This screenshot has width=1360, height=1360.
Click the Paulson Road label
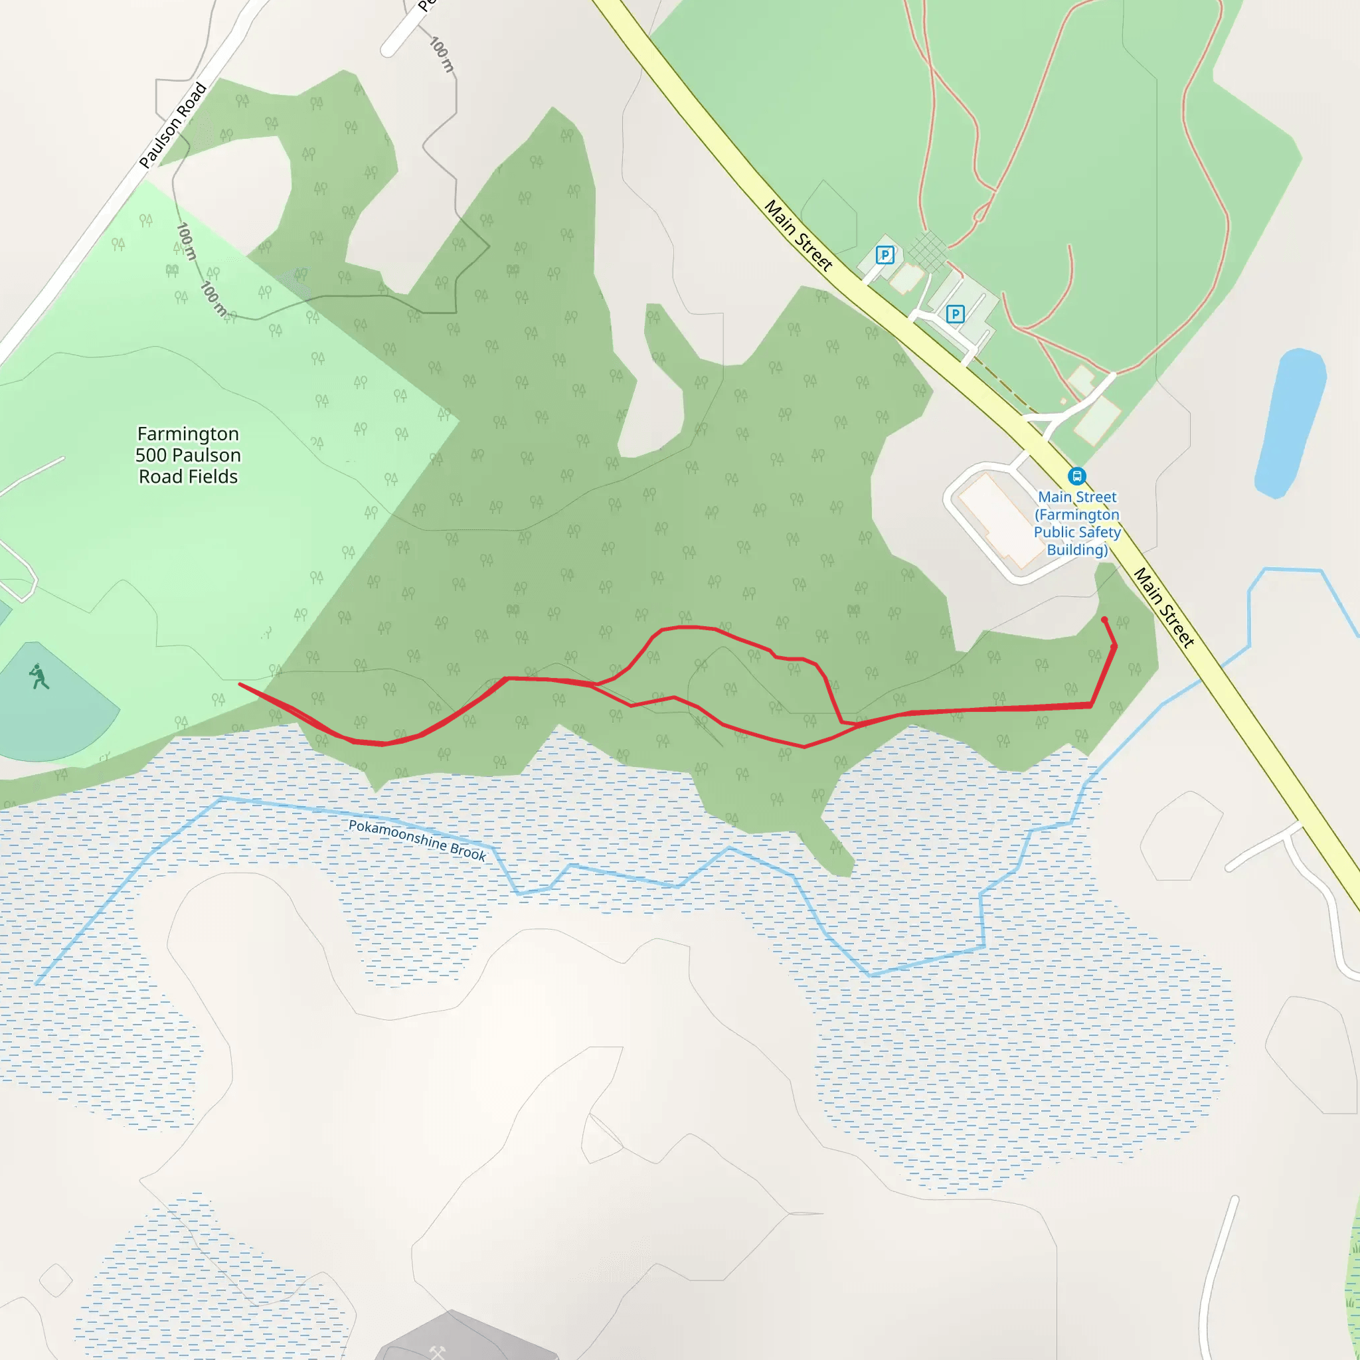click(173, 126)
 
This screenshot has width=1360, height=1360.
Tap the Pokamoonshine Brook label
click(417, 840)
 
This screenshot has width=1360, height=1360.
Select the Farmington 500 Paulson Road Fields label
click(188, 455)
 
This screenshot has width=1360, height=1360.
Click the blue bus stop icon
click(1076, 476)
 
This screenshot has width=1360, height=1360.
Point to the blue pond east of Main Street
click(1290, 422)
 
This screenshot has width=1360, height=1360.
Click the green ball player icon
click(39, 677)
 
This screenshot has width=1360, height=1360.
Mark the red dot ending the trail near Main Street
click(1104, 620)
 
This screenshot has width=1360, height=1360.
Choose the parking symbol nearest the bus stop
click(954, 314)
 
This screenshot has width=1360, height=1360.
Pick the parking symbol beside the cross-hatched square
click(885, 255)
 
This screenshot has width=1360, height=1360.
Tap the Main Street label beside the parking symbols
click(798, 235)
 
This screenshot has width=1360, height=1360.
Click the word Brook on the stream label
click(468, 852)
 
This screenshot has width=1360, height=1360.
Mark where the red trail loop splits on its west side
click(596, 683)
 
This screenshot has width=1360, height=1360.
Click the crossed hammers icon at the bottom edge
click(438, 1351)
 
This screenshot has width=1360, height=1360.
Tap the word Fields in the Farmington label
click(214, 477)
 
